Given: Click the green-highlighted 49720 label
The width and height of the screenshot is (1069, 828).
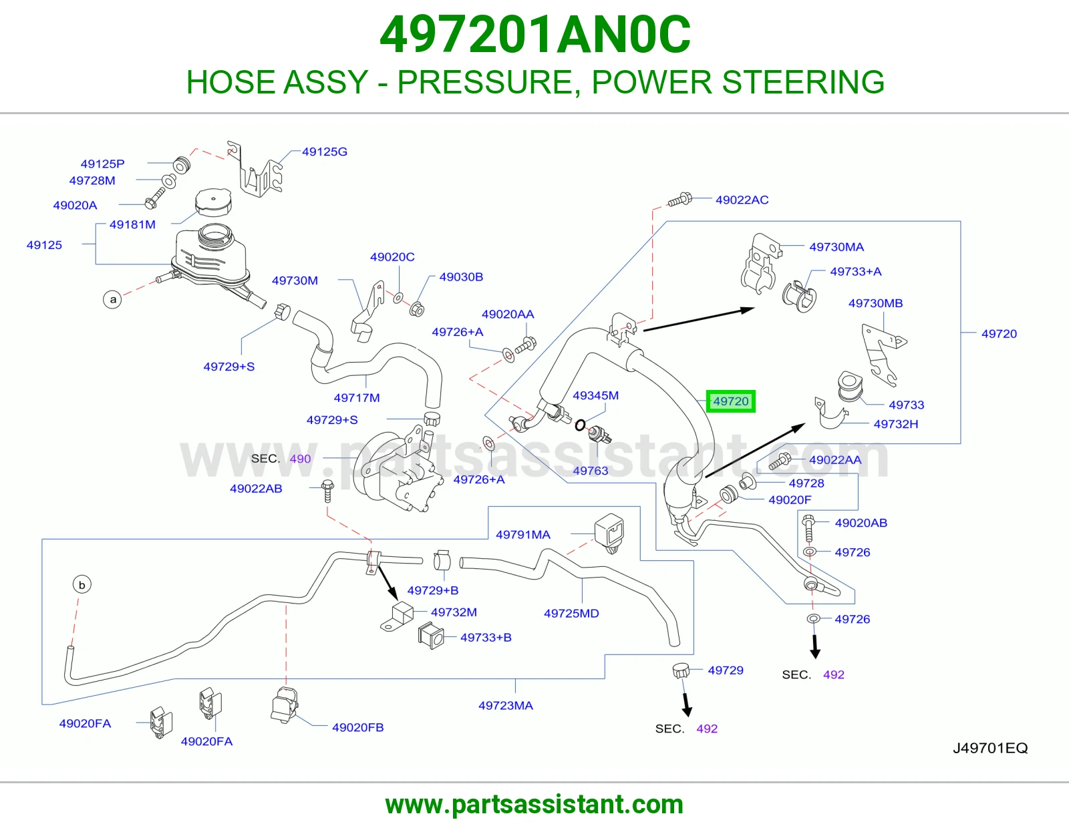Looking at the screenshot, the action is pyautogui.click(x=730, y=401).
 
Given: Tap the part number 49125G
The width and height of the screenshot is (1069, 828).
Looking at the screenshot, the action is pyautogui.click(x=325, y=152).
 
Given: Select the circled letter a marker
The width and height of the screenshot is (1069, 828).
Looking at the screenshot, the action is pyautogui.click(x=113, y=299).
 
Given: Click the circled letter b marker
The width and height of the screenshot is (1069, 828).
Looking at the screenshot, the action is pyautogui.click(x=82, y=585).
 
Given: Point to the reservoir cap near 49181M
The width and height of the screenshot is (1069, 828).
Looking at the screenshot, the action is pyautogui.click(x=213, y=202).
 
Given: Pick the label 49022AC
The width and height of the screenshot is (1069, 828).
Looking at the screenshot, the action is pyautogui.click(x=742, y=200).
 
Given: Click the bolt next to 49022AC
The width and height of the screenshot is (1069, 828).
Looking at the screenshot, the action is pyautogui.click(x=680, y=200).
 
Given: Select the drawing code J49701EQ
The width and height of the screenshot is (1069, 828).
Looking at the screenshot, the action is pyautogui.click(x=990, y=748).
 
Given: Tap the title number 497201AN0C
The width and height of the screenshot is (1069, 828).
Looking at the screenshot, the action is pyautogui.click(x=535, y=35).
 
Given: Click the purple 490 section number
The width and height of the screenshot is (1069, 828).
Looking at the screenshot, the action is pyautogui.click(x=300, y=459).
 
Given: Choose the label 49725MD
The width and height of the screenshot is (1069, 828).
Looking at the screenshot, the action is pyautogui.click(x=571, y=613).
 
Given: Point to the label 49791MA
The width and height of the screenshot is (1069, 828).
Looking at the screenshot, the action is pyautogui.click(x=523, y=534).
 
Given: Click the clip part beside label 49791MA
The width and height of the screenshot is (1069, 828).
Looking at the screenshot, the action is pyautogui.click(x=609, y=533).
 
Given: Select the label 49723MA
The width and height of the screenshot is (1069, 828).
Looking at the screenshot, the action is pyautogui.click(x=506, y=706).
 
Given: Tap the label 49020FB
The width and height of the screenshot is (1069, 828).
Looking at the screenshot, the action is pyautogui.click(x=357, y=727).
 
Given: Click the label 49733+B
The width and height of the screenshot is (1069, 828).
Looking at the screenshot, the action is pyautogui.click(x=486, y=637).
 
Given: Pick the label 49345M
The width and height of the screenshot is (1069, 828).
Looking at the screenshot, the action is pyautogui.click(x=596, y=395).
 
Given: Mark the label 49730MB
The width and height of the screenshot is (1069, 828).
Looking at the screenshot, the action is pyautogui.click(x=876, y=303).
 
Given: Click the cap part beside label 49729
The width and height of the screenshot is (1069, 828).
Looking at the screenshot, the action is pyautogui.click(x=680, y=670).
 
